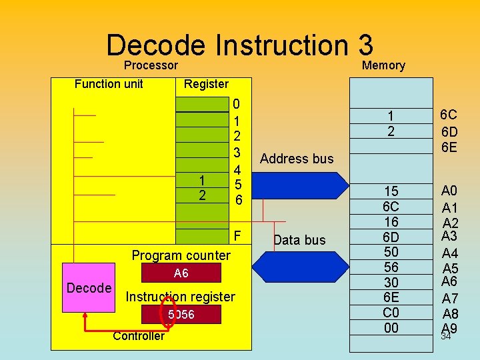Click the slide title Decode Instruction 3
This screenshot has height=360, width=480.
click(x=239, y=45)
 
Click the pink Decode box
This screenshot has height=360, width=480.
click(x=89, y=288)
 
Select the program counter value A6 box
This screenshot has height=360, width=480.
click(x=181, y=273)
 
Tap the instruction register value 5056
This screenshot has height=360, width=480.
click(x=181, y=314)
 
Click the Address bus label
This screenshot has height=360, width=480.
click(x=296, y=159)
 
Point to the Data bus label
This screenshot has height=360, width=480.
click(x=299, y=240)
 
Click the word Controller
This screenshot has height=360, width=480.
click(x=138, y=335)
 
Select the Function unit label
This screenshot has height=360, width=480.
click(x=109, y=83)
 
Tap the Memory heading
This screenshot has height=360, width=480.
click(x=383, y=65)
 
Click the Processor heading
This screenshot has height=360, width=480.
click(x=151, y=65)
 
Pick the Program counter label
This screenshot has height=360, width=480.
click(x=181, y=255)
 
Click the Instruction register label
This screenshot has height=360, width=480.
click(x=181, y=297)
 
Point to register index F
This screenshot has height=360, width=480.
click(x=238, y=236)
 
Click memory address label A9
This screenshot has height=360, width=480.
click(x=450, y=327)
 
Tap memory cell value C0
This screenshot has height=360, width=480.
click(x=391, y=313)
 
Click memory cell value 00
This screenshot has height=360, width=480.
click(x=391, y=327)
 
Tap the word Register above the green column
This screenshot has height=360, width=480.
click(x=206, y=84)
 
